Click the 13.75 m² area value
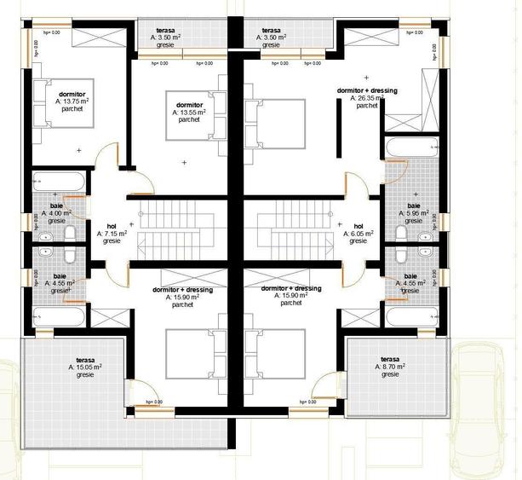(72, 101)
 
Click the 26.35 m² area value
(368, 98)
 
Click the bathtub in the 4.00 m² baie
(59, 182)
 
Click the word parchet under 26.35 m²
(367, 106)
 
